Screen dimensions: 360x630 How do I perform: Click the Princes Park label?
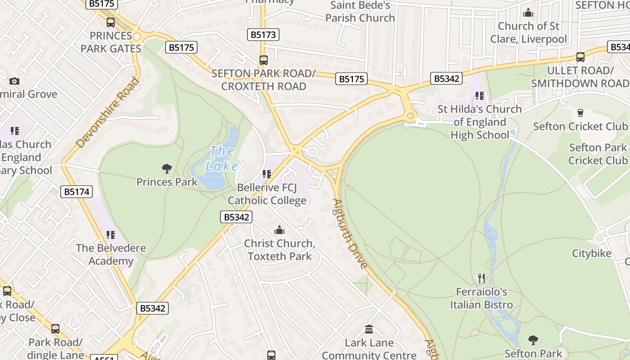(167, 182)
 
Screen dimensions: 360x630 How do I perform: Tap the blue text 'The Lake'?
(222, 158)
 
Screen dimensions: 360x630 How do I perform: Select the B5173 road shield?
(263, 35)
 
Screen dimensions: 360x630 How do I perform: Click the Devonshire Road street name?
(108, 112)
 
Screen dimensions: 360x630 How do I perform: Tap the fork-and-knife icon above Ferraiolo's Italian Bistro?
(481, 278)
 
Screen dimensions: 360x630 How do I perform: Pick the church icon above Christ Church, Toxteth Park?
(279, 230)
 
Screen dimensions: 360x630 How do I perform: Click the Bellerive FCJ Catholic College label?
(267, 194)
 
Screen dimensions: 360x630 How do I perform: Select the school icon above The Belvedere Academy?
(111, 234)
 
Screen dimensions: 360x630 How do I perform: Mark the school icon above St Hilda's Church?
(480, 96)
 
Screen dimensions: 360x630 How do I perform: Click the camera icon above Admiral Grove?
(14, 81)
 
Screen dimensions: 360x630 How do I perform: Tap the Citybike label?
(592, 253)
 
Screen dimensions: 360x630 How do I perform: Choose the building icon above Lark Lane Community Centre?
(369, 329)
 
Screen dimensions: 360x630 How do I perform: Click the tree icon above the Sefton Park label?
(533, 340)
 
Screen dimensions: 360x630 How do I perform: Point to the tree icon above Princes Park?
(167, 169)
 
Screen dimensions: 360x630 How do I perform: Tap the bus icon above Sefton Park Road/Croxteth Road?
(264, 60)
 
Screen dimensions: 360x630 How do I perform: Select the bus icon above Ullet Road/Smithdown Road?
(580, 57)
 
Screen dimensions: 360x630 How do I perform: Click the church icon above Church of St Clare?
(528, 13)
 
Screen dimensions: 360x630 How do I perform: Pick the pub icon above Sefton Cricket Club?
(580, 112)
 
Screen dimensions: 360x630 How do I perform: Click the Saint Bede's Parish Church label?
(360, 12)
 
